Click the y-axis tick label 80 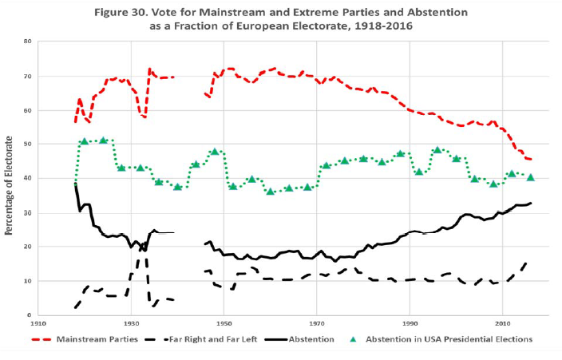27,41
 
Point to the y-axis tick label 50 27,144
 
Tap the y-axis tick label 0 29,315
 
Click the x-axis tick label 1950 224,324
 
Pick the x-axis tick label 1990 410,324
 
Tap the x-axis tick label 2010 503,324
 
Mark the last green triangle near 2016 531,177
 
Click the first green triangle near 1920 84,141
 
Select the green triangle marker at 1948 214,151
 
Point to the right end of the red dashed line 532,159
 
